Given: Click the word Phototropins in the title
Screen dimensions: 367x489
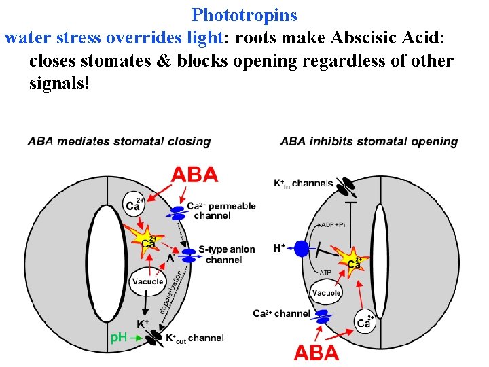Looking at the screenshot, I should coord(244,14).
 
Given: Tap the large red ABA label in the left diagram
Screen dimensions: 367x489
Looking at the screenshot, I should coord(195,175).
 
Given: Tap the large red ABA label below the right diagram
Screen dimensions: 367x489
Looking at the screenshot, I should coord(316,352).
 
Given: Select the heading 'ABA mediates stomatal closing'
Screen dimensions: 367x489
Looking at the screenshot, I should coord(119,141).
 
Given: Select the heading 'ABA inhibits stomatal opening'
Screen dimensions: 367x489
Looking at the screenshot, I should coord(369,141).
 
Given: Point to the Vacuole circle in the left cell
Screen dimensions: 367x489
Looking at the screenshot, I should coord(147,282).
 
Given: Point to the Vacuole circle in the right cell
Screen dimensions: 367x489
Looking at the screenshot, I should coord(326,293).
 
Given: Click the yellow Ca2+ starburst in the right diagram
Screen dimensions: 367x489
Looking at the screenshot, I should coord(352,262).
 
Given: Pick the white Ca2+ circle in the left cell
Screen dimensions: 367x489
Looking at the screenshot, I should coord(133,203).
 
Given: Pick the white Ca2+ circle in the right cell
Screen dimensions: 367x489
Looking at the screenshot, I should coord(365,321).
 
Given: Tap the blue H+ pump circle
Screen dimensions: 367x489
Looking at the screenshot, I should coord(302,249).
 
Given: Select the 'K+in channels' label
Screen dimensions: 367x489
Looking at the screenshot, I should coord(303,183).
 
